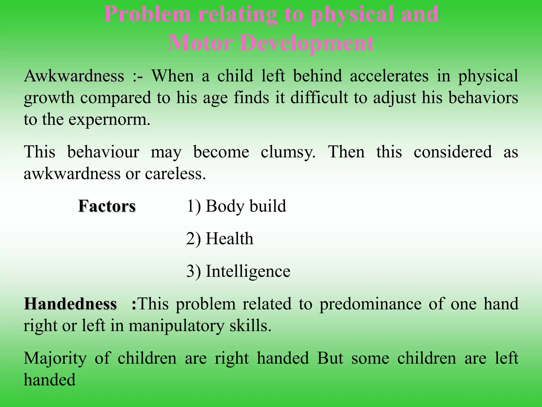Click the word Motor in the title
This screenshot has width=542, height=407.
point(200,43)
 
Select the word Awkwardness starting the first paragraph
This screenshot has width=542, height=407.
point(74,76)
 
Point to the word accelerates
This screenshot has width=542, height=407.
point(389,76)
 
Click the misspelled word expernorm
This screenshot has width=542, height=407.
point(109,120)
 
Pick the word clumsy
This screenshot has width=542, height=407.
point(288,152)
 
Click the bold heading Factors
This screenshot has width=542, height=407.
point(107,206)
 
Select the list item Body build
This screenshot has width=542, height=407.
point(246,206)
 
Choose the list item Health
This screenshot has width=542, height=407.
point(229,239)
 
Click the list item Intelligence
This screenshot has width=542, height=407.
point(248,271)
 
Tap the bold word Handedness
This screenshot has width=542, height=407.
point(70,304)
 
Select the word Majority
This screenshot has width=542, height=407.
point(55,358)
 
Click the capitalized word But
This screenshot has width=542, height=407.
point(330,358)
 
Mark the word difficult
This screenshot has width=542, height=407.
point(319,98)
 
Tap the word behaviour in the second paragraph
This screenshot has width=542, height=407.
point(103,152)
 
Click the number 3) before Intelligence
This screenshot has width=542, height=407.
point(193,271)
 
